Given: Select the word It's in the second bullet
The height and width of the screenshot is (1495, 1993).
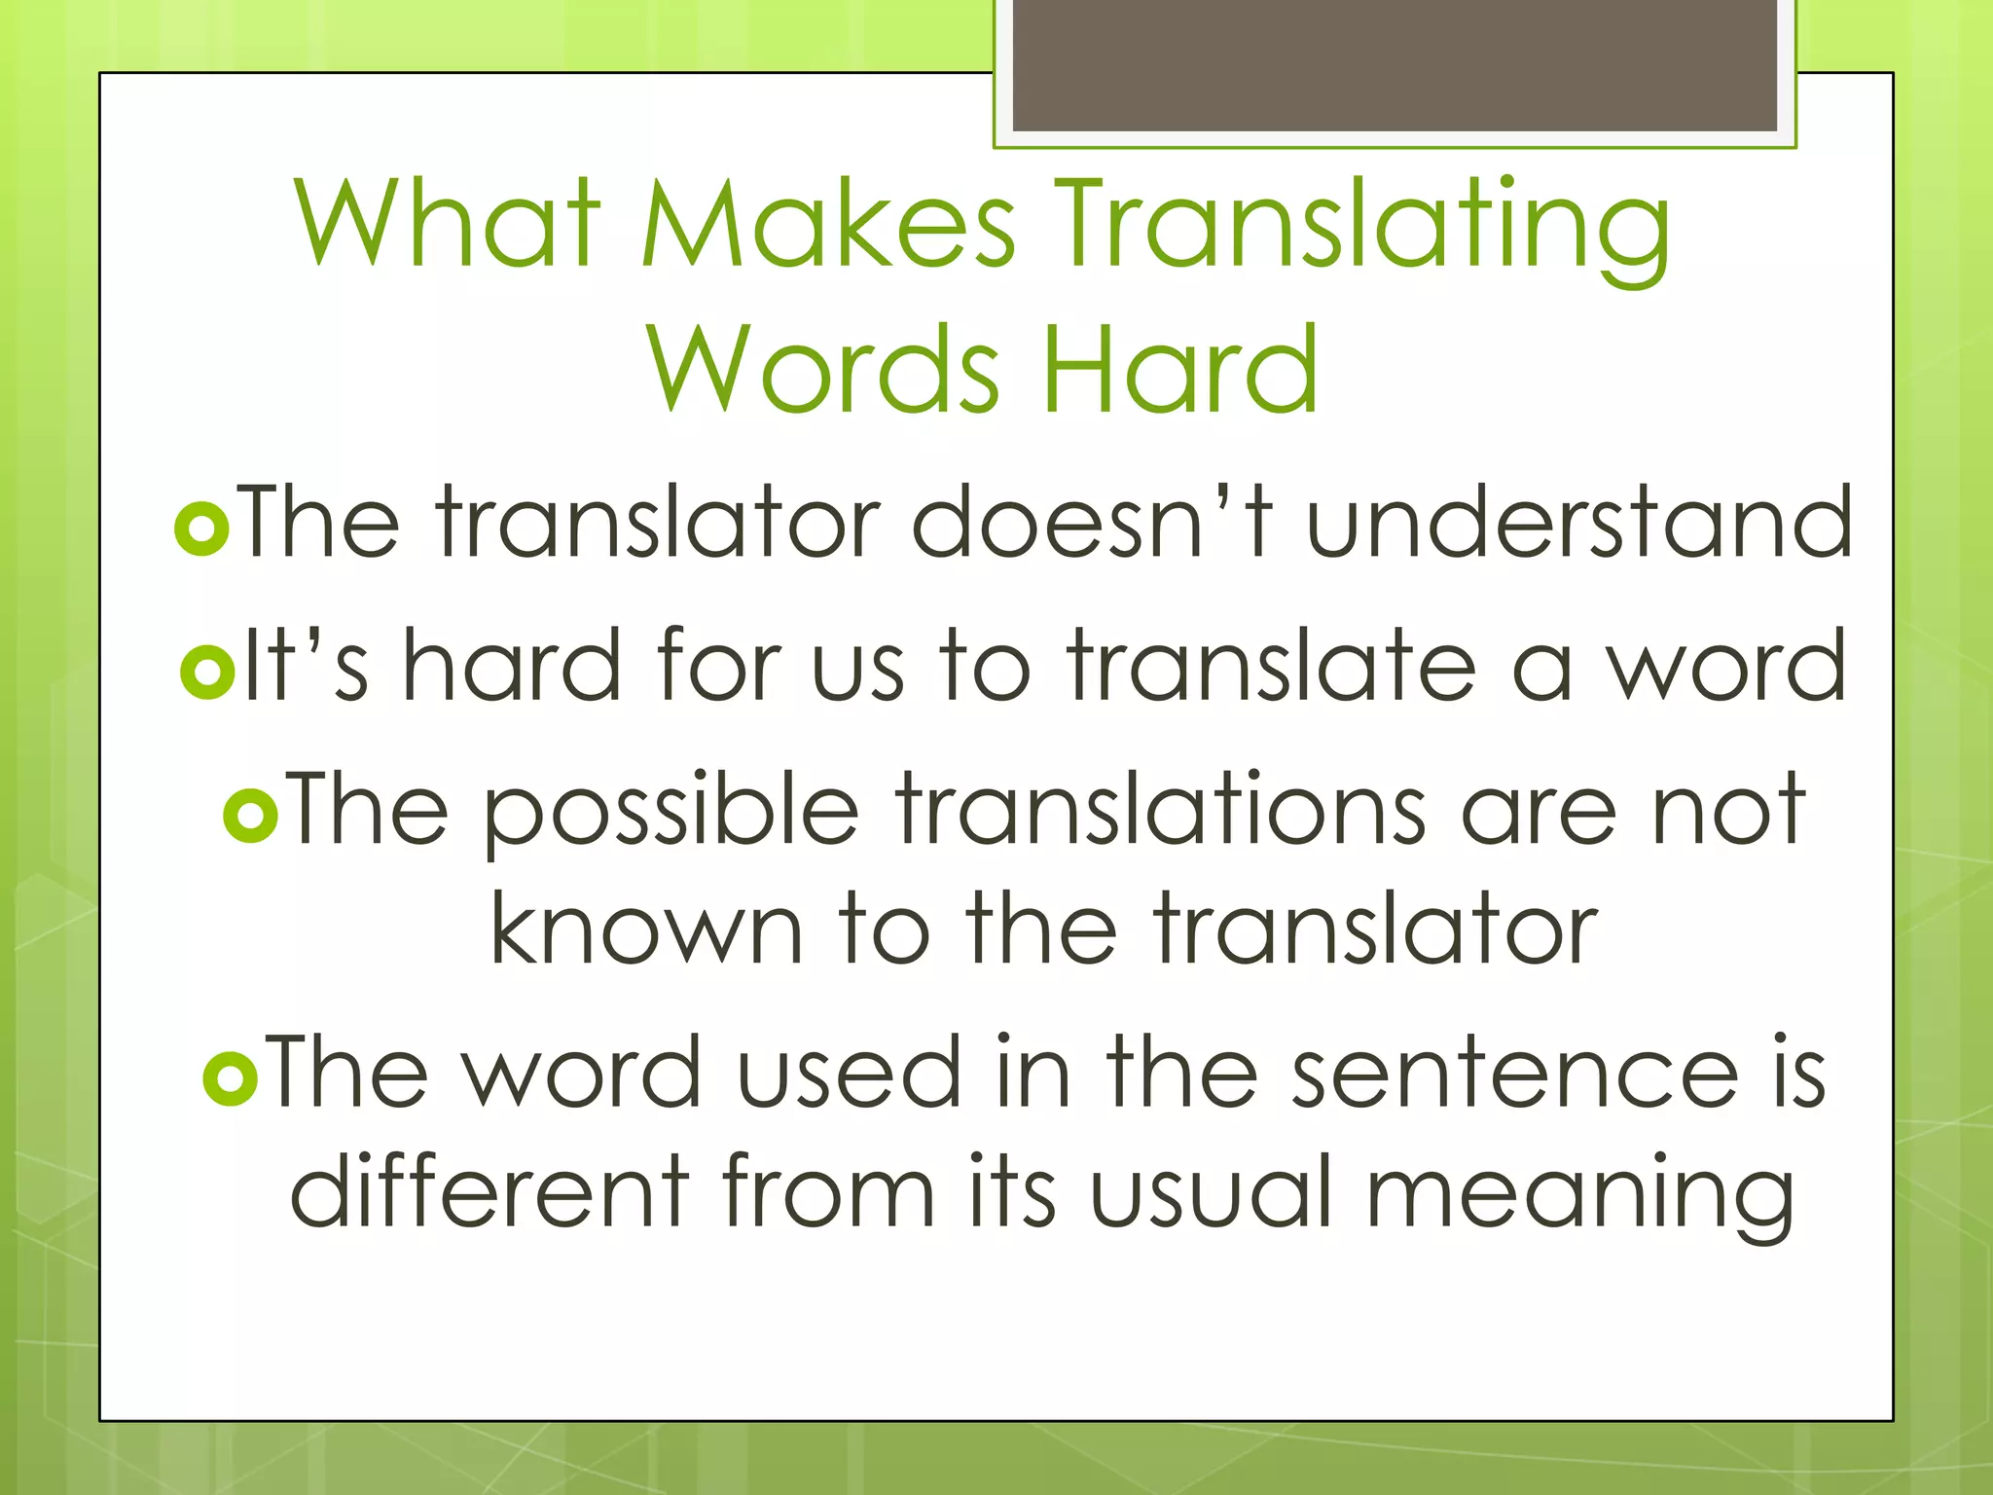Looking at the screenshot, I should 306,666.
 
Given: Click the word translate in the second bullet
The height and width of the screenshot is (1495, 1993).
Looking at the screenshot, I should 1271,666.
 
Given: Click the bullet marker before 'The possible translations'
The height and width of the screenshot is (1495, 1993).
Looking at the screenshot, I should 251,815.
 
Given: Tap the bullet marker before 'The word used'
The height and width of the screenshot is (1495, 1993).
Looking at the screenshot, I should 231,1077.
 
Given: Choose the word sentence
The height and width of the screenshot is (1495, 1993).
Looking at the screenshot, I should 1513,1073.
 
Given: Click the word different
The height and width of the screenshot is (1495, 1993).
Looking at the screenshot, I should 489,1189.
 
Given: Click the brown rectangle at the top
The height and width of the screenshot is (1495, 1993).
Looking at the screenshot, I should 1395,65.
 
